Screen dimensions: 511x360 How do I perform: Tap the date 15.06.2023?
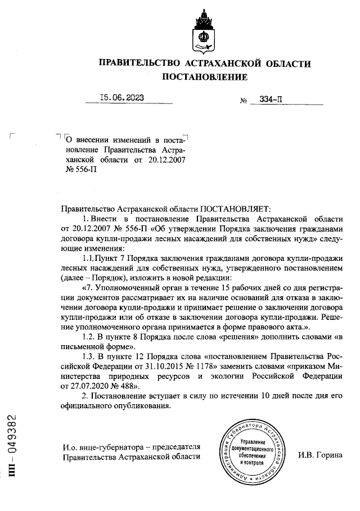[121, 97]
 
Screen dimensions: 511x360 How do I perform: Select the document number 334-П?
[271, 100]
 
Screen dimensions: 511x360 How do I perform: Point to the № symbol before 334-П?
[244, 101]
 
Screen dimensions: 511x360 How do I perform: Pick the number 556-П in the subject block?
[82, 170]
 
